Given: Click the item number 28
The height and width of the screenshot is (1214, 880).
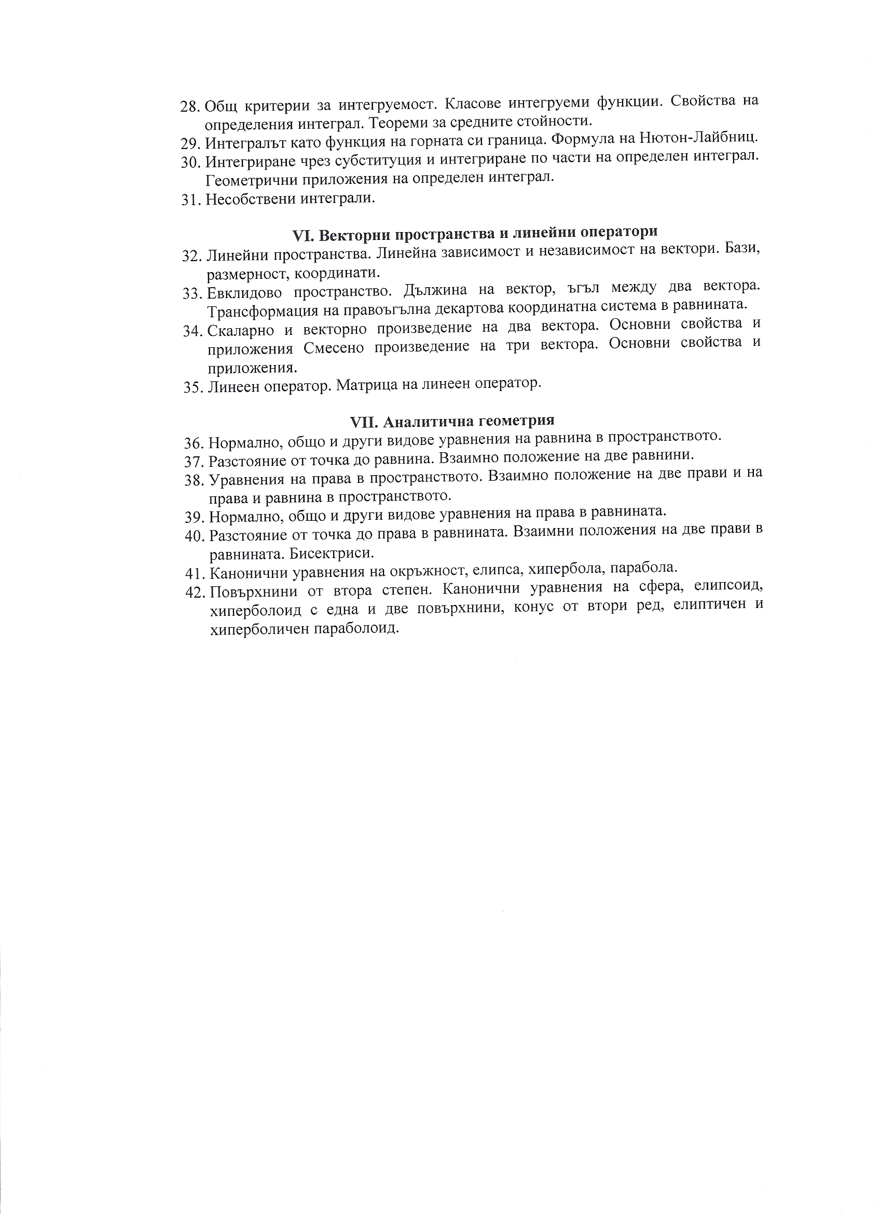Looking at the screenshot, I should click(x=189, y=105).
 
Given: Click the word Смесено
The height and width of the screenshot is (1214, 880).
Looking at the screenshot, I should click(x=333, y=348).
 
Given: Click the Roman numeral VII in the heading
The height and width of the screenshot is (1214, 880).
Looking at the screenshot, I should click(x=364, y=422).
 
